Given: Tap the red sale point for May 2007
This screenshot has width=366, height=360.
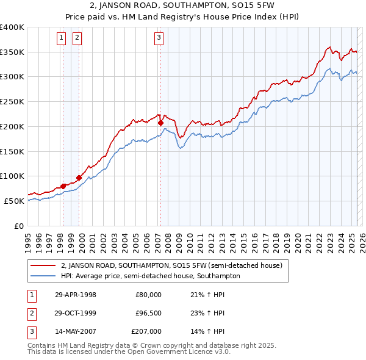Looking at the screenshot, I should point(160,123).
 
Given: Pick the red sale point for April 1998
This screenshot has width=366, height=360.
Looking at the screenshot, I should point(63,186).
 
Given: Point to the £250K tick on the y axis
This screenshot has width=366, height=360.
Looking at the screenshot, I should point(12,101).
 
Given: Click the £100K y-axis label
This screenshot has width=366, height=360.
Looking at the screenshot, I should point(12,176).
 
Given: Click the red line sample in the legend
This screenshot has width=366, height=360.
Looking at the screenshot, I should point(43,266).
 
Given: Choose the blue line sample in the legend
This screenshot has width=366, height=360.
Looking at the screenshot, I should point(43,276).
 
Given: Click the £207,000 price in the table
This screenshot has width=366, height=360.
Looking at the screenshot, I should point(146,331).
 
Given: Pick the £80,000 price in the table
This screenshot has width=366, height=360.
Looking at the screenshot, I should point(148,295).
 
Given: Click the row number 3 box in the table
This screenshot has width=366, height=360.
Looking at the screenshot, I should point(30,331).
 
